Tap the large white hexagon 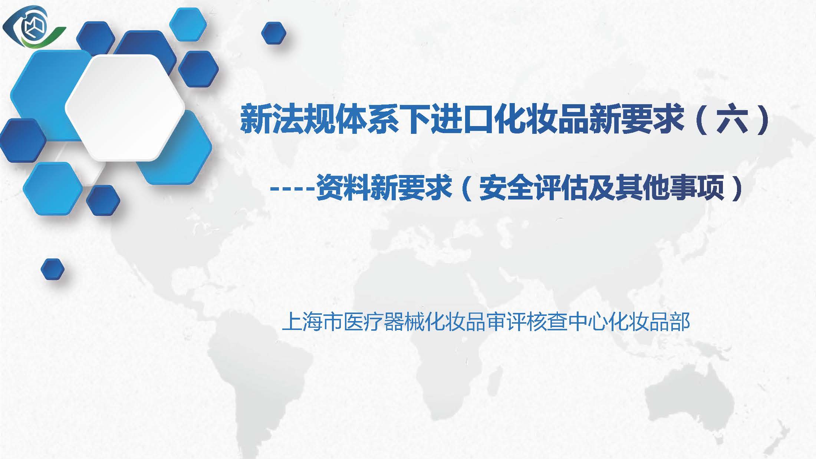tap(125, 108)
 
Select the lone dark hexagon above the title tap(274, 33)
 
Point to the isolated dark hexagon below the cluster tap(52, 269)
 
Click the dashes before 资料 tap(292, 189)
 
